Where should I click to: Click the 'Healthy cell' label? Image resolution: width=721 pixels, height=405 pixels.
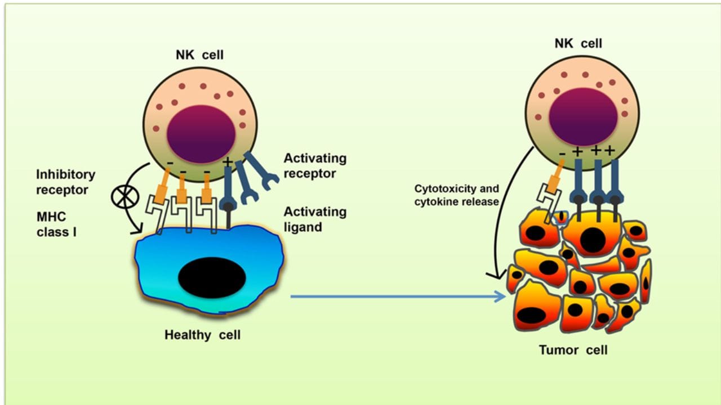click(x=202, y=335)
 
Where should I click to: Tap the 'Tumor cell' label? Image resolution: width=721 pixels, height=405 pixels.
click(x=573, y=350)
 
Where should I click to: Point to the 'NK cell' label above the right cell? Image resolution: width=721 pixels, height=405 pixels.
click(x=578, y=43)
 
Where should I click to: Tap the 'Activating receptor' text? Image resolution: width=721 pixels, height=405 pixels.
click(x=315, y=166)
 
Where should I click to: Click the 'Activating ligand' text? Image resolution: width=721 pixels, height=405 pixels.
click(x=315, y=219)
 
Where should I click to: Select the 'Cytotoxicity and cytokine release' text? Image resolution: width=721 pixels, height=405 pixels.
click(x=456, y=195)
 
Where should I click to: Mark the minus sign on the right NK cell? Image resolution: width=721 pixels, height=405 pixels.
click(x=562, y=153)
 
